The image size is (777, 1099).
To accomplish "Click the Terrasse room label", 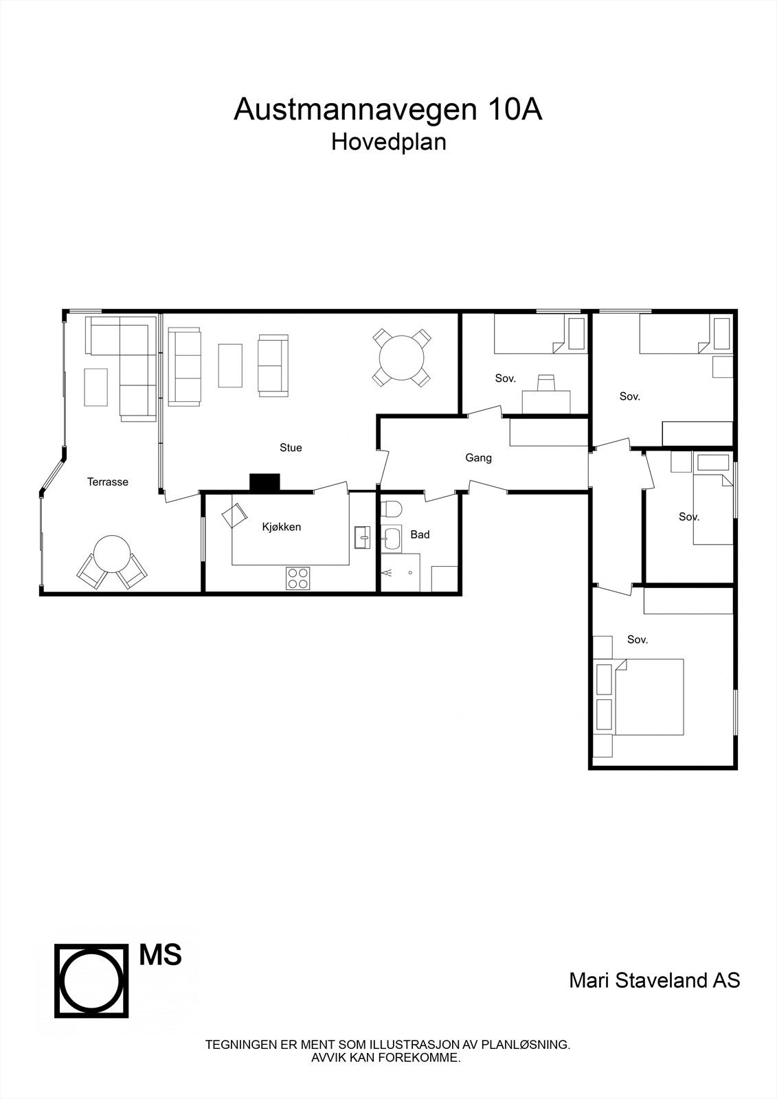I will point(107,482).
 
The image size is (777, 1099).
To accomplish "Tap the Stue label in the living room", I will point(291,448).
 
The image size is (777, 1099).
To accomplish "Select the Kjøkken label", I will point(282,528).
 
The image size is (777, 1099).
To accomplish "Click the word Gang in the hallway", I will point(478,458).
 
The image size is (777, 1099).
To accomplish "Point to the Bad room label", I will point(420,534).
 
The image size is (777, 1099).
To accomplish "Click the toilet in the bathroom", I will point(392,510).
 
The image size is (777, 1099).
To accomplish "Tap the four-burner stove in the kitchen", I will point(297,578).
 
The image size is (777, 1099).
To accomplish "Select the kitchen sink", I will point(362,537).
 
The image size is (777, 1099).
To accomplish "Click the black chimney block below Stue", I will point(264,483).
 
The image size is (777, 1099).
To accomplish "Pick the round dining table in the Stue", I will point(402,357).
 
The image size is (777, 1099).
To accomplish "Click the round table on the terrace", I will point(111,554).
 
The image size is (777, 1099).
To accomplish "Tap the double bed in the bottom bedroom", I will point(649,696).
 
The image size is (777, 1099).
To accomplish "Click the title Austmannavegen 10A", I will point(388,110).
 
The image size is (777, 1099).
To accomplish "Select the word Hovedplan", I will point(388,142).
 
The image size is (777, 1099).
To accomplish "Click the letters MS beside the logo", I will point(161,955).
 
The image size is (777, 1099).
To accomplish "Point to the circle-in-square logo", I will point(92,980).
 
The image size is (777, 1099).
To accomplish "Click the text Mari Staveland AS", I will point(654,980).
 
